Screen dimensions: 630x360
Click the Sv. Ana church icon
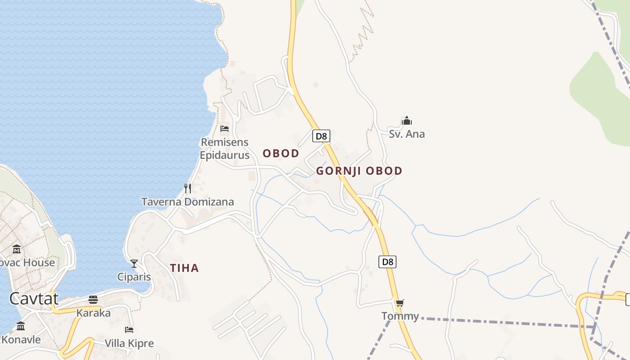pos(407,121)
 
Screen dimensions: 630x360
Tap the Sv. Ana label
pos(407,134)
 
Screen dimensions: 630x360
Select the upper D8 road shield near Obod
pos(321,136)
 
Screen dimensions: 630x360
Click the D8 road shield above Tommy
pos(387,262)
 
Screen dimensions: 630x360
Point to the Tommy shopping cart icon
pos(400,303)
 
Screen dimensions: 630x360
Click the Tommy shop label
pos(400,316)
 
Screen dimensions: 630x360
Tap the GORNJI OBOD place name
pos(359,171)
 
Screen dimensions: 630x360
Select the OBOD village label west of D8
pos(281,153)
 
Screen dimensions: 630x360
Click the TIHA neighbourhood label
pos(184,268)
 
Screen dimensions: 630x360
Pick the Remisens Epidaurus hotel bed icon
pos(225,129)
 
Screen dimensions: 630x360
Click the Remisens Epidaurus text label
pos(225,149)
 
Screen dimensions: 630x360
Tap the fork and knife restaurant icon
pos(188,188)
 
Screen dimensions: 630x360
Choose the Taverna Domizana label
pos(188,202)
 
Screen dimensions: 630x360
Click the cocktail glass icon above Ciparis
pos(134,263)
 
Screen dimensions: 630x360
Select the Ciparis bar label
pos(134,277)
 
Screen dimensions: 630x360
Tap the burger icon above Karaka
pos(93,299)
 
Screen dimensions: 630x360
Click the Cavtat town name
pos(34,299)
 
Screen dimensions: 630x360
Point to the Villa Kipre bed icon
pos(129,330)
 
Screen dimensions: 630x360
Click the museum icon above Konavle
pos(21,326)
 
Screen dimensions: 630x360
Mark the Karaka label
pos(94,313)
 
